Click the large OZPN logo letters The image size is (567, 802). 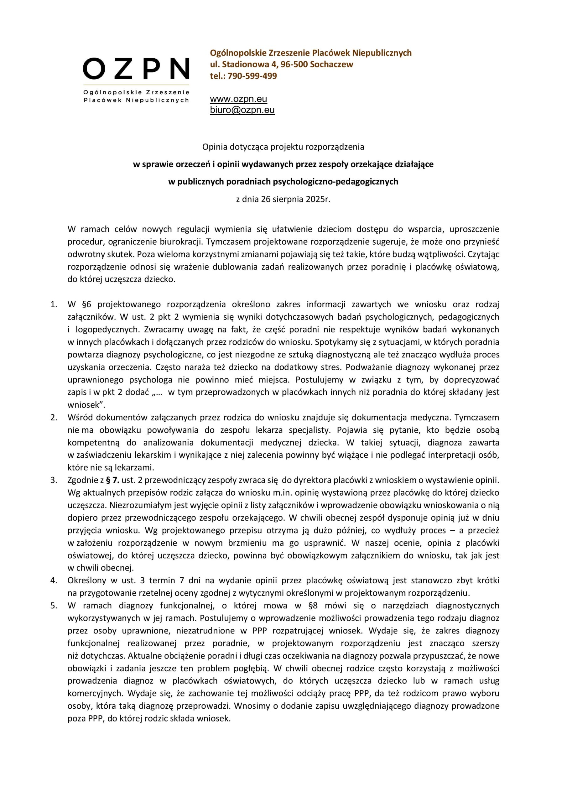click(x=136, y=69)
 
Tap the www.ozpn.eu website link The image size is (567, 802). click(x=238, y=99)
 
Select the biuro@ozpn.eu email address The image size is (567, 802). click(x=242, y=110)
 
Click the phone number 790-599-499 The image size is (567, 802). click(x=252, y=76)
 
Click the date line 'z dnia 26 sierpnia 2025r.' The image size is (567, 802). click(x=283, y=200)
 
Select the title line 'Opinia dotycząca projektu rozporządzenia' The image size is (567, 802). click(x=283, y=147)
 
